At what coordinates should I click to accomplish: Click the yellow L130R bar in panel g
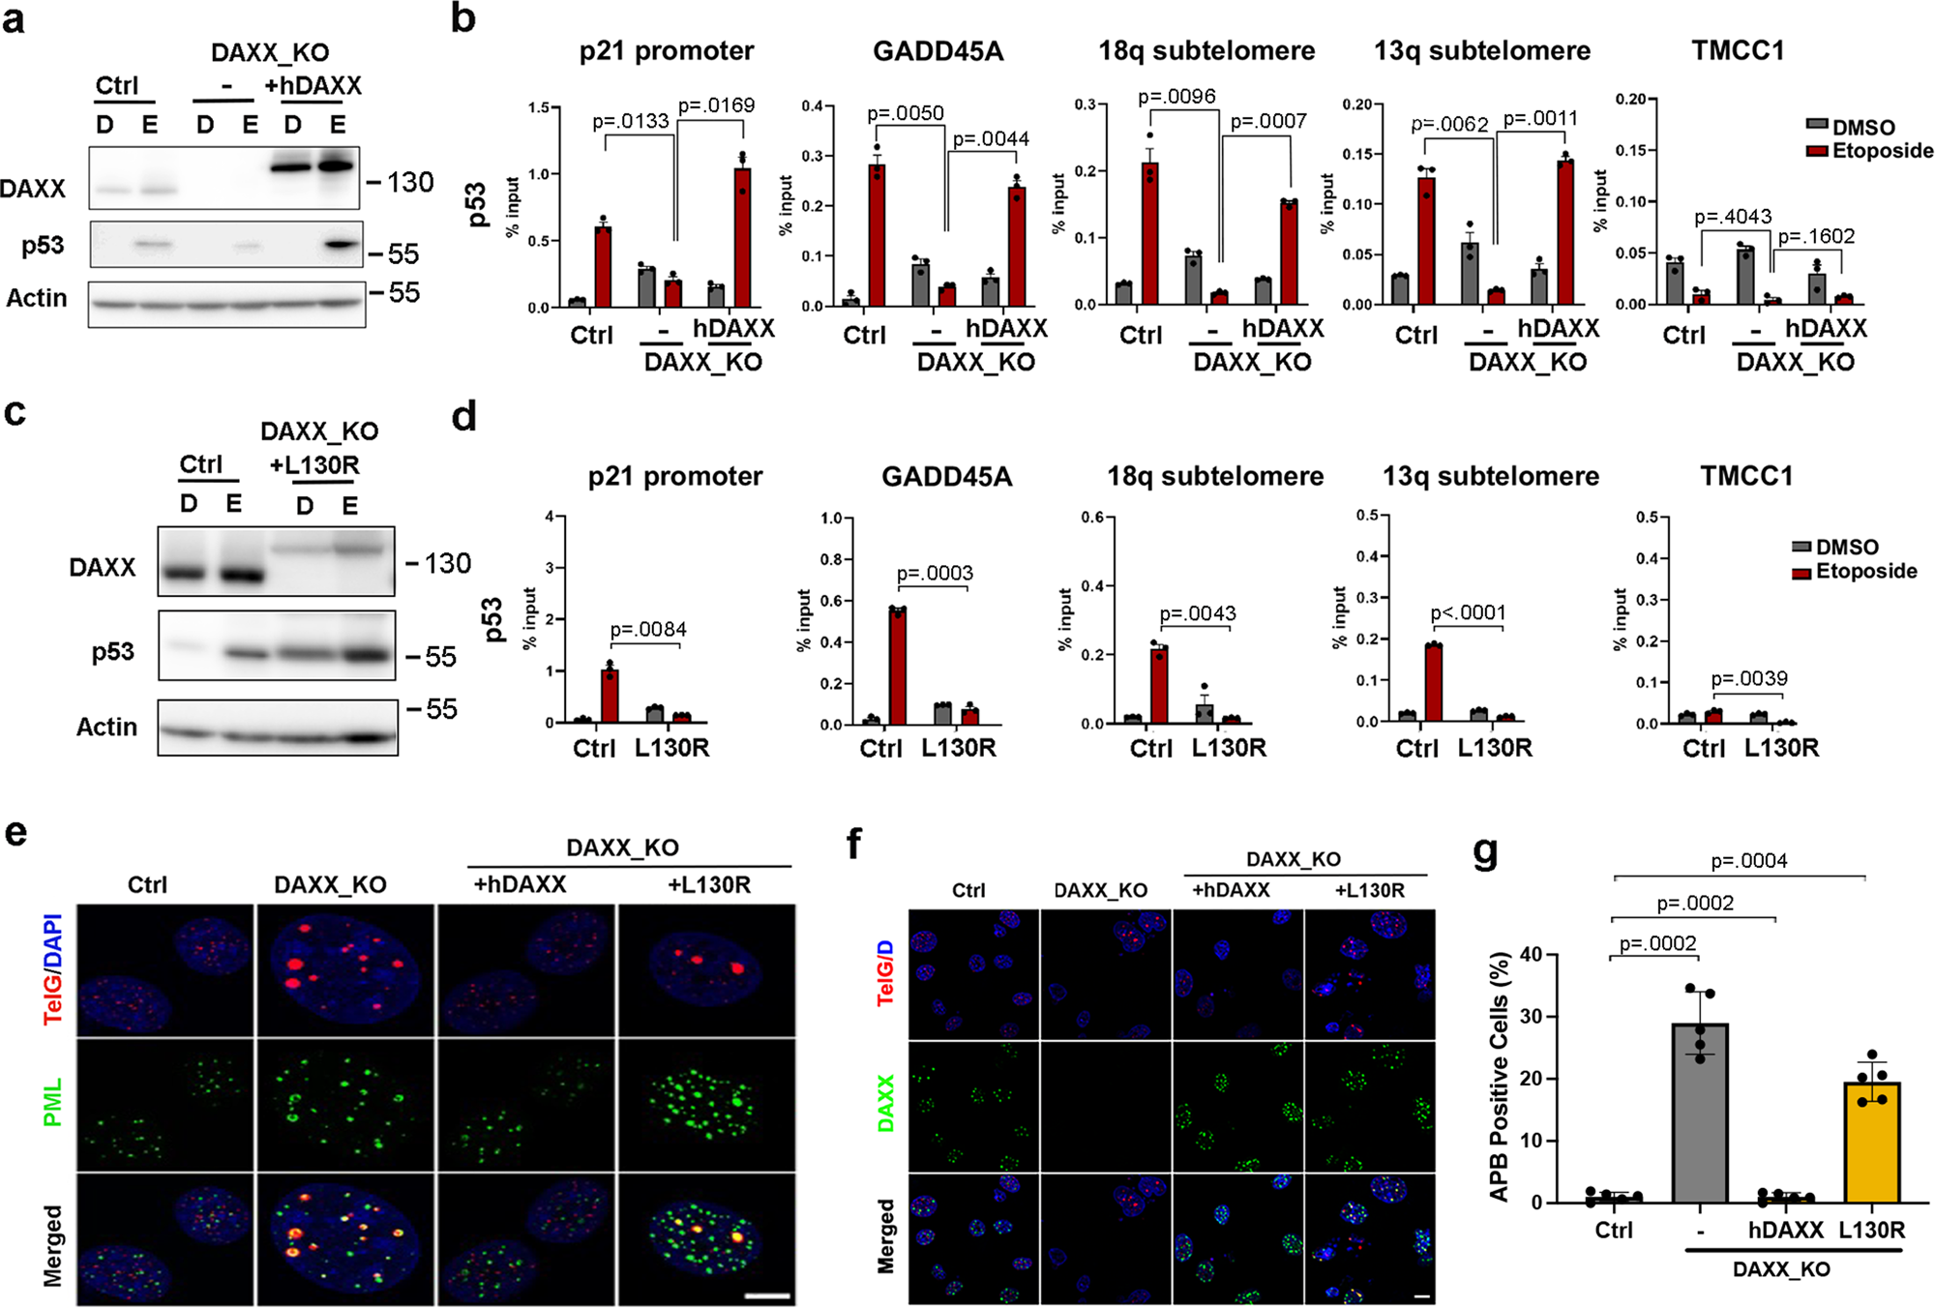[1872, 1142]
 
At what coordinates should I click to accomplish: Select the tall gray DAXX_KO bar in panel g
[1700, 1113]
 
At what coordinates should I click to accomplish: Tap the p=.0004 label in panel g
[1749, 861]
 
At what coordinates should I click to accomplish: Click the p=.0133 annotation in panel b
[631, 121]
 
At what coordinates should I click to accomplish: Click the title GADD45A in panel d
[946, 476]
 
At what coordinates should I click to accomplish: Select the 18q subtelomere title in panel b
[1206, 50]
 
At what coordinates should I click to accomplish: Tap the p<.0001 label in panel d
[1468, 612]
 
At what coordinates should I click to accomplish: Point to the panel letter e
[16, 832]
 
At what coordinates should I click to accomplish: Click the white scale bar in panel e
[768, 1295]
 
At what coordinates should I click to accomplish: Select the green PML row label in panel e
[52, 1102]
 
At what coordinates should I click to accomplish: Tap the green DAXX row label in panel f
[885, 1103]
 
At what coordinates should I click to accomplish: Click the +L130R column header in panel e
[708, 884]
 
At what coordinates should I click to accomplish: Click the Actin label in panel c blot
[106, 727]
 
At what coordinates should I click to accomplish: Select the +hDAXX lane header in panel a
[313, 86]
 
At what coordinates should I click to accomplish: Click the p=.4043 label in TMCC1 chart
[1733, 217]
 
